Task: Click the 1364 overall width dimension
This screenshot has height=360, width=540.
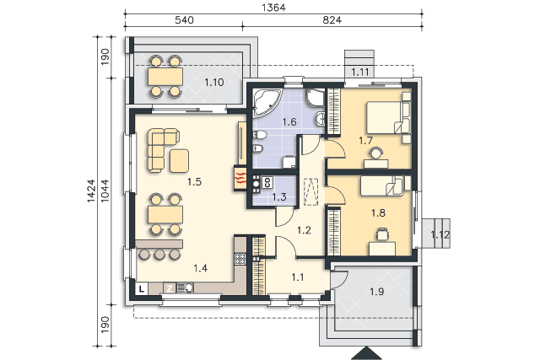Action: click(273, 8)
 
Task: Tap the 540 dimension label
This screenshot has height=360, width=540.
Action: click(184, 20)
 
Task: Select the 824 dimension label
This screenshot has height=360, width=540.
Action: click(332, 20)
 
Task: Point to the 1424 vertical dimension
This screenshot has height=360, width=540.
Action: click(91, 191)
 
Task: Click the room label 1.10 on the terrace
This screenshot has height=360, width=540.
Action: click(213, 83)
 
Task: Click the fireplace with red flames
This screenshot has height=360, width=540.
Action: click(240, 178)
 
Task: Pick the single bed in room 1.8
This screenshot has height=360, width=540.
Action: click(382, 185)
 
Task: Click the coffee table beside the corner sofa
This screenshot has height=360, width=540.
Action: click(179, 160)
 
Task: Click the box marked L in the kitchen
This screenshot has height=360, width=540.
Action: click(142, 288)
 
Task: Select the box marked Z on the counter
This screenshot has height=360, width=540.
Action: click(169, 288)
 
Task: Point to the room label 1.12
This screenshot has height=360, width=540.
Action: click(440, 234)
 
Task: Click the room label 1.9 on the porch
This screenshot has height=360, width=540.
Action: click(376, 292)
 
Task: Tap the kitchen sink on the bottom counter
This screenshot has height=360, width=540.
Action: click(185, 287)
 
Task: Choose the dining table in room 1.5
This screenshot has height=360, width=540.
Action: click(165, 214)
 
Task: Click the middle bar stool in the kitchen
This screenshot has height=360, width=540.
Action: click(159, 255)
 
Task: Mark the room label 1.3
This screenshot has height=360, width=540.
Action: click(279, 197)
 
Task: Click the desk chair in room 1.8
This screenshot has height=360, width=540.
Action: click(382, 234)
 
